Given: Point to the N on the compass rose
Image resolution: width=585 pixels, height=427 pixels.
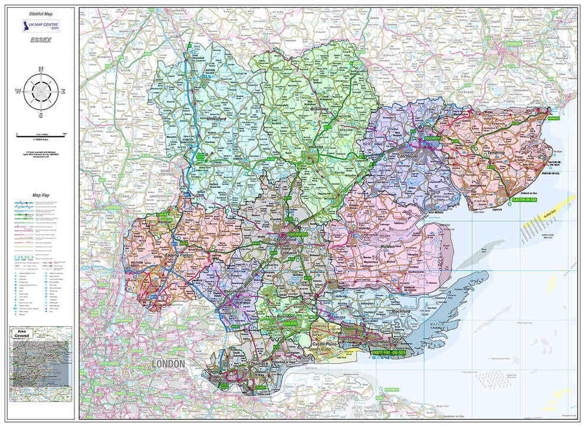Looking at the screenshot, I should [41, 69].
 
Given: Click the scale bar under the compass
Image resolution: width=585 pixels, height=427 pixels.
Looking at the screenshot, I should [41, 136].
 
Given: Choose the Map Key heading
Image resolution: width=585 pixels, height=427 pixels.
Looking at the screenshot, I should [41, 194].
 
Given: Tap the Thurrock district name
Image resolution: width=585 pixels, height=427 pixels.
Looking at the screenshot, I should [261, 364].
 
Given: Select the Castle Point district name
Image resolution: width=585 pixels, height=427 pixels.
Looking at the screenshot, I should [322, 343].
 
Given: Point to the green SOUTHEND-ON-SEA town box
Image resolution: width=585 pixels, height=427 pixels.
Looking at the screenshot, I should [389, 353].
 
